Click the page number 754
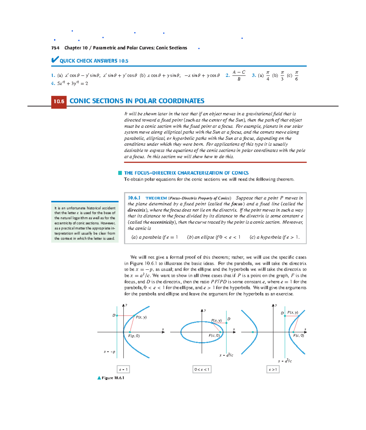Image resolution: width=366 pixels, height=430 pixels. (x=55, y=48)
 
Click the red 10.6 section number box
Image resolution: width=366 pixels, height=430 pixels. (x=59, y=102)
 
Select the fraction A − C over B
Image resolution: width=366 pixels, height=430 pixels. (x=239, y=76)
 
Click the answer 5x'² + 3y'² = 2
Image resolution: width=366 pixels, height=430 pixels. (x=73, y=83)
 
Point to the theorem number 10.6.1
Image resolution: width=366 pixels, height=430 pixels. (x=134, y=198)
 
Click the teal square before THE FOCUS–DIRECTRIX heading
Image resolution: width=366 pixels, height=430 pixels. (x=120, y=173)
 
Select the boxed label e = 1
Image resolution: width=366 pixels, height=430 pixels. (x=124, y=369)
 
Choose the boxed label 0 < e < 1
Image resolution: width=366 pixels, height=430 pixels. (x=202, y=369)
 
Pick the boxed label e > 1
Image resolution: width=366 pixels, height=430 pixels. (x=273, y=369)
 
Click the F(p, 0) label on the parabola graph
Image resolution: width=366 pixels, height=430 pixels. (x=134, y=336)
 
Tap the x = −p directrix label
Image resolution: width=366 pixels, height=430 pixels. (x=109, y=352)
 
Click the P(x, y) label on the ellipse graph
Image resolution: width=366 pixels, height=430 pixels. (x=217, y=320)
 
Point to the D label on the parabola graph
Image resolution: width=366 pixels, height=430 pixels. (x=114, y=315)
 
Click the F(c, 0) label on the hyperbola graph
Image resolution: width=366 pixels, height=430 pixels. (x=298, y=335)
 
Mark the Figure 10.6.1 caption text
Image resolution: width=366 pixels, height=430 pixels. (x=113, y=378)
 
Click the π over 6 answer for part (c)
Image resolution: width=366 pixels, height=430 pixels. (x=296, y=76)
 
